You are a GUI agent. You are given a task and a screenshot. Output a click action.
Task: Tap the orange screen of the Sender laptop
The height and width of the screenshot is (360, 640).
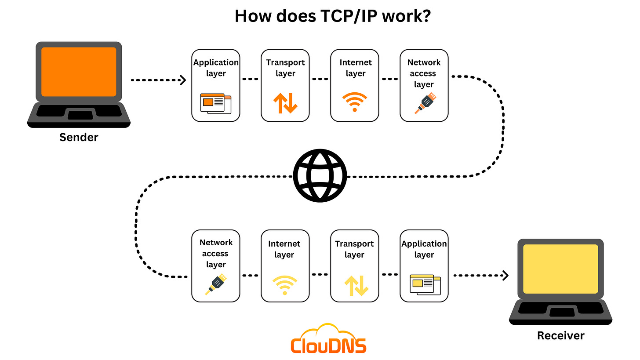tap(79, 72)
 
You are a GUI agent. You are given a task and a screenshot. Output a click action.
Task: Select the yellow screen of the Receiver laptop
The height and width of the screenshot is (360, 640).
tap(560, 269)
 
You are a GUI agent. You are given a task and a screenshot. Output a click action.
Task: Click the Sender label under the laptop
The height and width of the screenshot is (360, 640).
tap(79, 137)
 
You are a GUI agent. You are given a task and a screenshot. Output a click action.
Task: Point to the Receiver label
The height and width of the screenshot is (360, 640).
tap(561, 336)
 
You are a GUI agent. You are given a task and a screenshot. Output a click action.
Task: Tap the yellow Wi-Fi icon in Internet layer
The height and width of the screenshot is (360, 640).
tap(285, 285)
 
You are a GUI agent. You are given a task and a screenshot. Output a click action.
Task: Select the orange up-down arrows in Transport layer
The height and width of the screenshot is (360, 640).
tap(285, 103)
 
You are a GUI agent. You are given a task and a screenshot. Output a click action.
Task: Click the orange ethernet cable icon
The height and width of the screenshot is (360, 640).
tap(425, 103)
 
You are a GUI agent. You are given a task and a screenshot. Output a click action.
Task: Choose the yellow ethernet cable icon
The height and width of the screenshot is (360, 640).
tap(216, 284)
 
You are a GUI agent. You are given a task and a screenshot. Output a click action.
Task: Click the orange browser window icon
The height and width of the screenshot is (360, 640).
tap(215, 103)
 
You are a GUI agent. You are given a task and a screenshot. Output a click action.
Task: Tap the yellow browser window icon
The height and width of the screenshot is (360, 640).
tap(425, 284)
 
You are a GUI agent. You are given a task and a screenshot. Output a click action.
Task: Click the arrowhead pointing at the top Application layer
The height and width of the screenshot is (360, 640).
tap(183, 80)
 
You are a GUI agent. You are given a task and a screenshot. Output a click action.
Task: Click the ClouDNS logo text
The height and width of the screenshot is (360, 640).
tap(328, 345)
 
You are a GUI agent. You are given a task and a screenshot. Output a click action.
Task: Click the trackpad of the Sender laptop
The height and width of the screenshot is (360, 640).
tap(80, 115)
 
